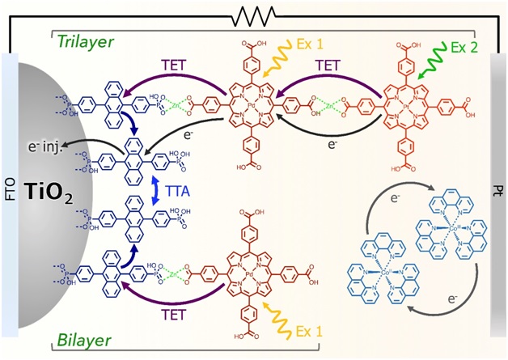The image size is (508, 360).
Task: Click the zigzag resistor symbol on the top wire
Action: pos(256,14)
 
